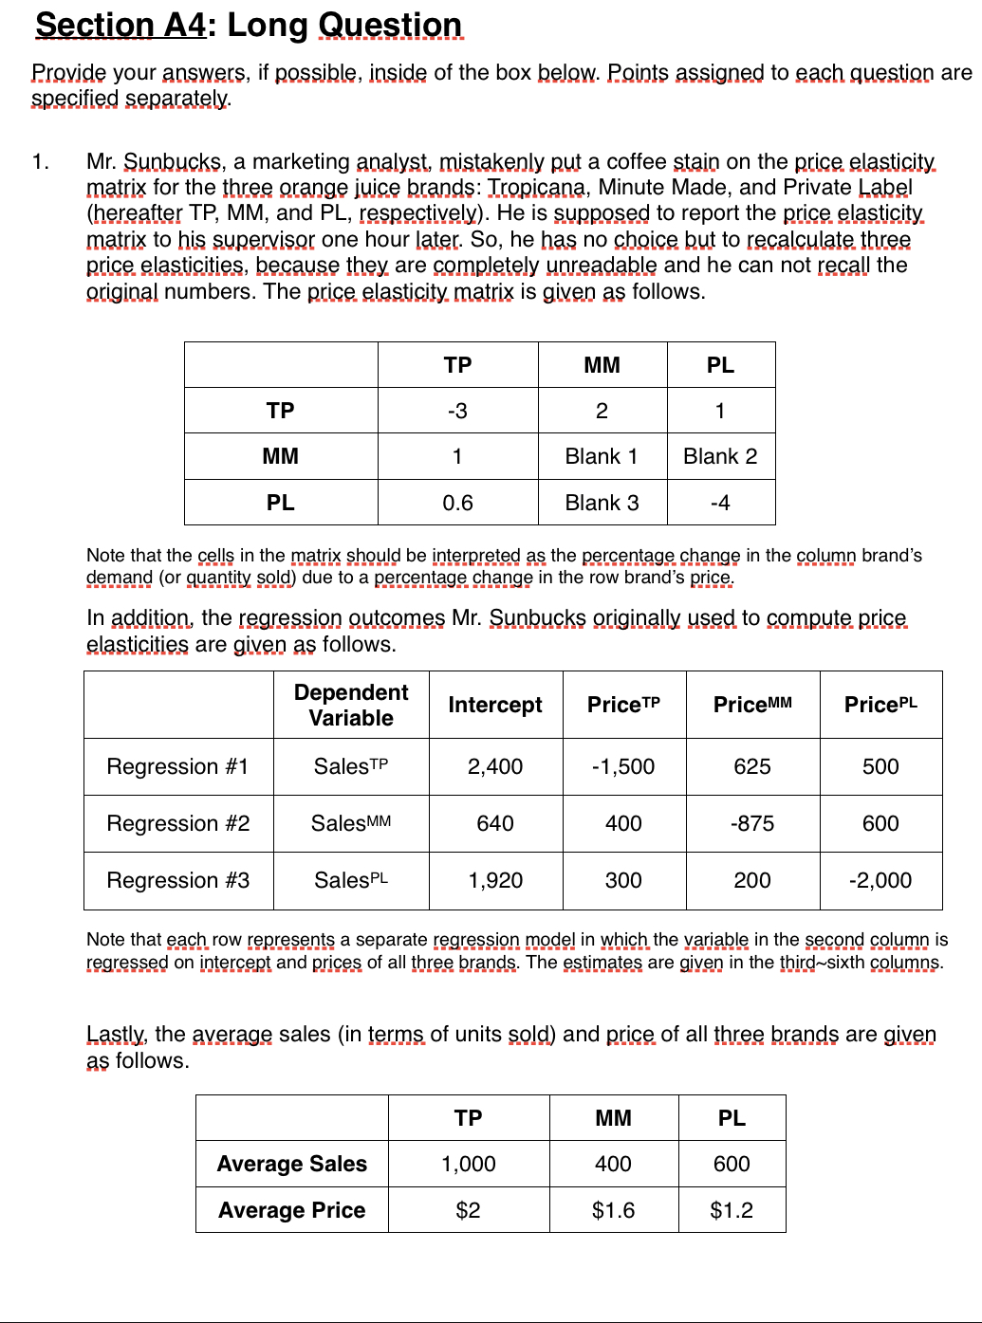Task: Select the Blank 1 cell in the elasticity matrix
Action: pos(602,456)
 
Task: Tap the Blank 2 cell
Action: pos(720,456)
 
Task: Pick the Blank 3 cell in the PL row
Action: pos(602,503)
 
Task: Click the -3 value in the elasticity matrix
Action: pos(457,411)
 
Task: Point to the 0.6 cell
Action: pos(457,503)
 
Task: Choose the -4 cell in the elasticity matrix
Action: pos(720,503)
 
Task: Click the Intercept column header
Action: pos(494,705)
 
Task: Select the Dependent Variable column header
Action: pos(351,705)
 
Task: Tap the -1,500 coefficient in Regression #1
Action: pos(623,766)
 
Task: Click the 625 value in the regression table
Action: pos(752,766)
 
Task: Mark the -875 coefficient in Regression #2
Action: pos(752,823)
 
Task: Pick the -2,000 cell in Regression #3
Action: pos(880,880)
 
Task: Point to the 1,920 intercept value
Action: pos(495,880)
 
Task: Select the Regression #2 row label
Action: pos(178,823)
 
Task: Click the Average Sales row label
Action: pos(291,1164)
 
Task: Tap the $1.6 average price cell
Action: pos(613,1210)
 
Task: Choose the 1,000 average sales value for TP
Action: pos(469,1164)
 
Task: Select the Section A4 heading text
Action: pos(120,25)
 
